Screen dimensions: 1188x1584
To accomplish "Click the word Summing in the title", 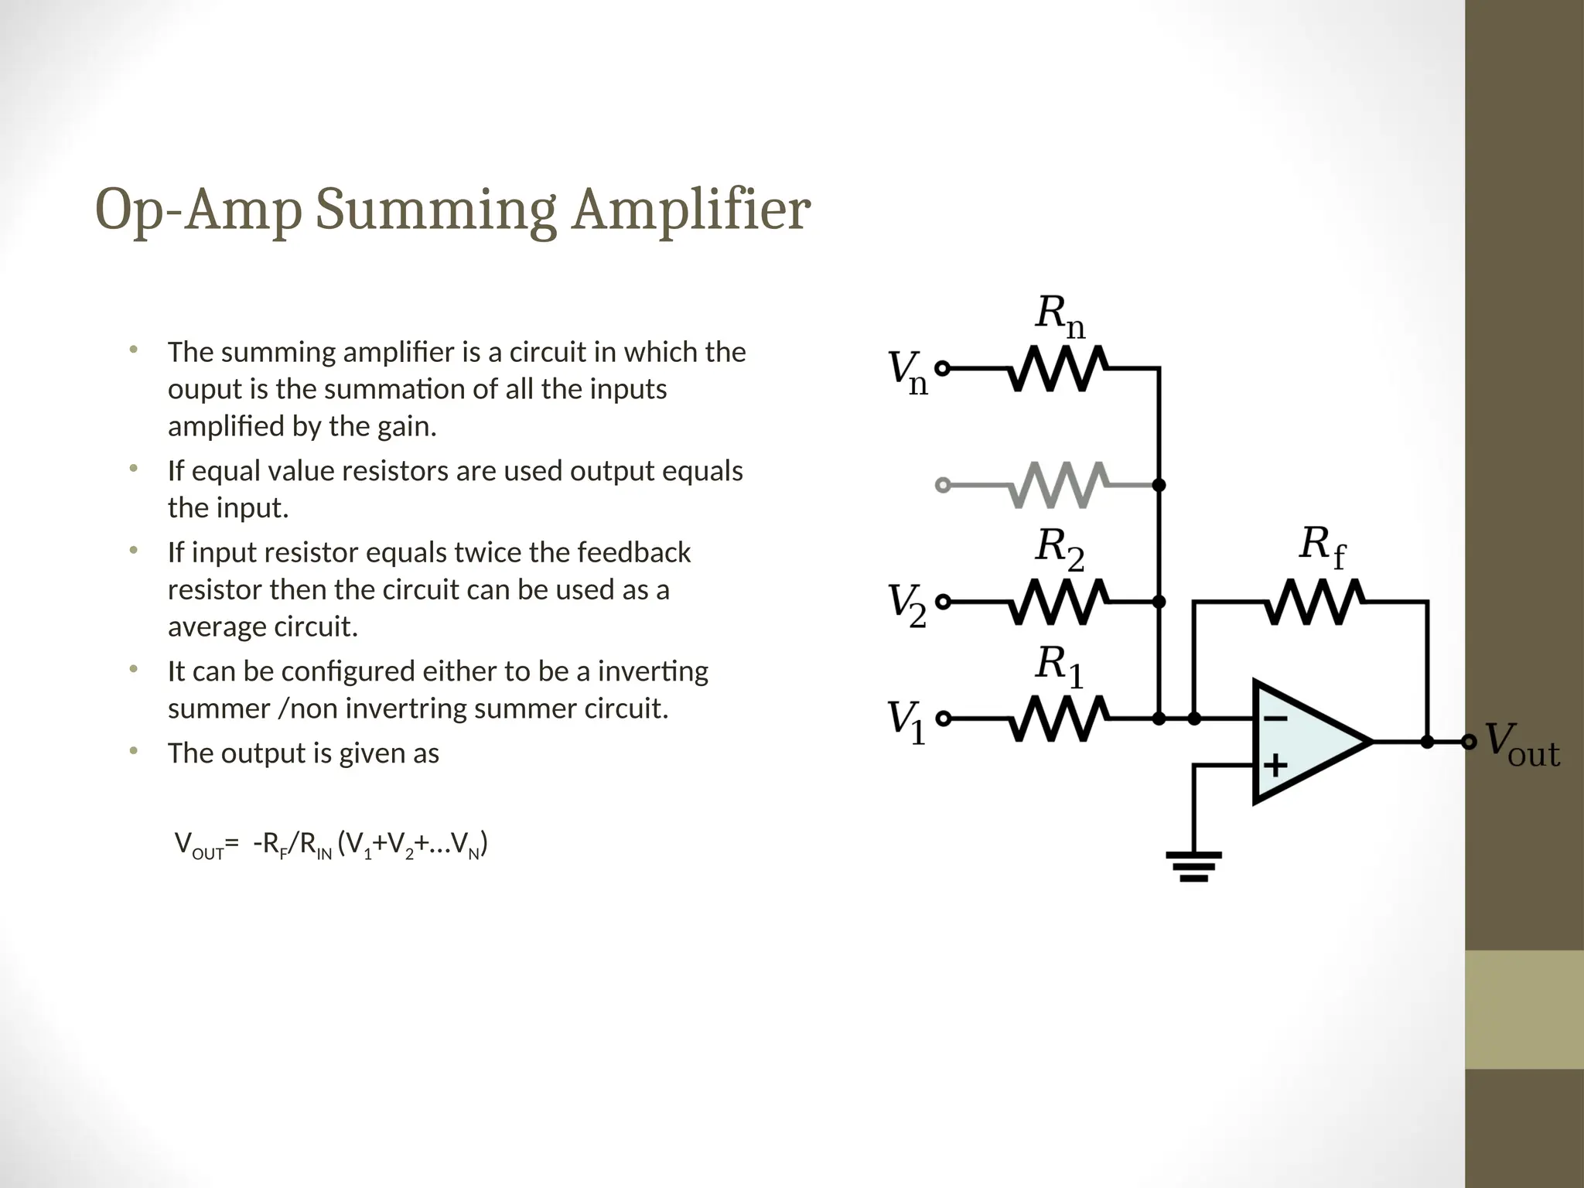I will coord(435,210).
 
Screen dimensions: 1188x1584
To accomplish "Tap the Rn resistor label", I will coord(1060,317).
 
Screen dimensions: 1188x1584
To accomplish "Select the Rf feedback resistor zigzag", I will coord(1313,601).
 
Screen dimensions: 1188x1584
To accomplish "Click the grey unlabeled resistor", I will coord(1057,485).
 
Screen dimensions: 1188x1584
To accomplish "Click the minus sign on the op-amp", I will coord(1275,719).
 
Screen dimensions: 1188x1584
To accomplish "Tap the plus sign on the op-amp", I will coord(1275,766).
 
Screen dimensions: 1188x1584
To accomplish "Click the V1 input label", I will coord(906,720).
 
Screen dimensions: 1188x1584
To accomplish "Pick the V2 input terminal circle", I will coord(943,602).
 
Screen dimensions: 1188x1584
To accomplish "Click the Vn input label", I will coord(906,372).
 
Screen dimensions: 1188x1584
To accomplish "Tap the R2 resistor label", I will coord(1060,549).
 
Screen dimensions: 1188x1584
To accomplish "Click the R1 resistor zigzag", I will coord(1057,719).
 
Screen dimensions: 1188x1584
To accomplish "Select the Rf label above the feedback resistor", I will coord(1321,547).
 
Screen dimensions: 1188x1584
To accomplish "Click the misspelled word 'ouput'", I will coord(205,389).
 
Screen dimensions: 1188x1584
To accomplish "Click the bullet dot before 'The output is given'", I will coord(133,751).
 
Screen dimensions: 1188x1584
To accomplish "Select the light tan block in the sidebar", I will coord(1524,1009).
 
